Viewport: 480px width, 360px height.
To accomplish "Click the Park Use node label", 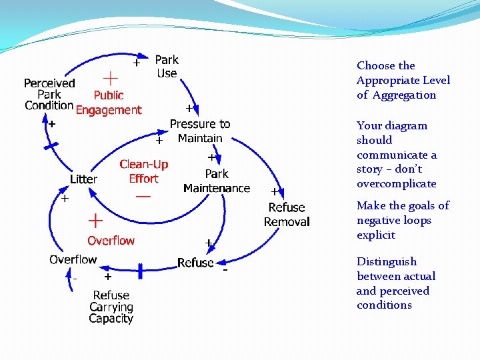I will [166, 67].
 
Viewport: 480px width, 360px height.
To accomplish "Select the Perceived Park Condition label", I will [49, 94].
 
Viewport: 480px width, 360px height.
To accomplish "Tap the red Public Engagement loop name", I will [109, 103].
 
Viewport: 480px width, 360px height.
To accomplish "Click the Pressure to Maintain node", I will [199, 131].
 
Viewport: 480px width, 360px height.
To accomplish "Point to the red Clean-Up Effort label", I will [143, 171].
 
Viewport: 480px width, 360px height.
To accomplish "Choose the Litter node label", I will [84, 179].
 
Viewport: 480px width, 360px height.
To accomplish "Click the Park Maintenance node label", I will [217, 181].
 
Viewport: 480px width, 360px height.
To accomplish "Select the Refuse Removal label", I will [287, 215].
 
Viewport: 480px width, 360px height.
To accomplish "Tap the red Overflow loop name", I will [111, 241].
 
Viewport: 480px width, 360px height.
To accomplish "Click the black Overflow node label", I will [73, 259].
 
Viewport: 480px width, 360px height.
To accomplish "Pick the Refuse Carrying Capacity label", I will [111, 307].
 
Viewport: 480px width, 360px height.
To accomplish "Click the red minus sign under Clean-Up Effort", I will [143, 197].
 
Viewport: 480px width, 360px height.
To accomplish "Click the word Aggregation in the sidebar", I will [404, 95].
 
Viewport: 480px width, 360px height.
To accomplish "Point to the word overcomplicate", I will [396, 184].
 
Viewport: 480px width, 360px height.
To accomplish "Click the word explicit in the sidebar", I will [376, 235].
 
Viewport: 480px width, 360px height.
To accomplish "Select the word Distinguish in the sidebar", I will [386, 261].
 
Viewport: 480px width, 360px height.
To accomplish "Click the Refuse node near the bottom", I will [195, 263].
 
